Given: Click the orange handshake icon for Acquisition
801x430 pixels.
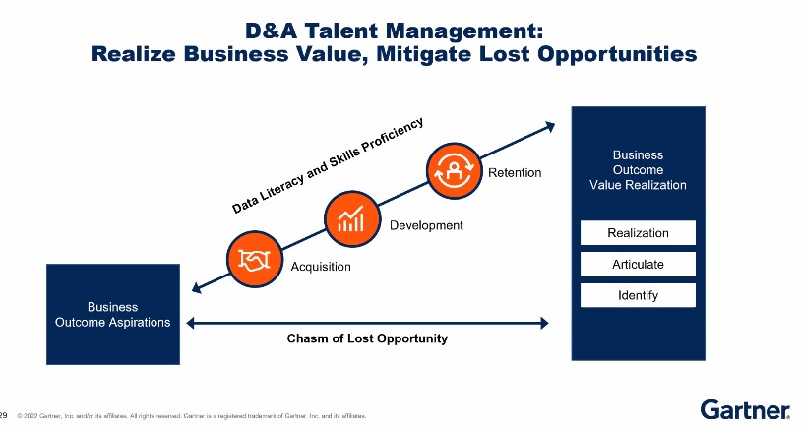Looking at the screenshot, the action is tap(255, 260).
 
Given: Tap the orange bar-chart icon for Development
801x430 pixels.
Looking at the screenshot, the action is tap(352, 219).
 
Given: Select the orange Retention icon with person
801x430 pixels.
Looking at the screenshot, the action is tap(454, 171).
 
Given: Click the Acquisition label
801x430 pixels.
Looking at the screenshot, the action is tap(321, 267).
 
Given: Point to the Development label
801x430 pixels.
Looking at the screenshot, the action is tap(426, 225).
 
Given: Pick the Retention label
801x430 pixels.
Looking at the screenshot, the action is tap(515, 173).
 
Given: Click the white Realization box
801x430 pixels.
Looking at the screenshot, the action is tap(638, 233).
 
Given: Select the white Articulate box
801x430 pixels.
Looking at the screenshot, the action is tap(638, 264).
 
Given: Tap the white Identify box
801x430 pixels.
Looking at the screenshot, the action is tap(638, 295).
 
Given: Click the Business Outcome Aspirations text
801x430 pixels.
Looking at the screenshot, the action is tap(113, 315).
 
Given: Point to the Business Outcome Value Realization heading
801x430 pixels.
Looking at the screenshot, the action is tap(638, 170).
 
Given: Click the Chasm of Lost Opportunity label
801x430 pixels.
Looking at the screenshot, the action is tap(367, 338).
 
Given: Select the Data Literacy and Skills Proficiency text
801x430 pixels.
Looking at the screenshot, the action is tap(328, 165).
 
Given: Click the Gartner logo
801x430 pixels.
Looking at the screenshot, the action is tap(745, 409).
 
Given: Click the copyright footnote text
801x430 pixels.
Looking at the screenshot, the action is tap(192, 416).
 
